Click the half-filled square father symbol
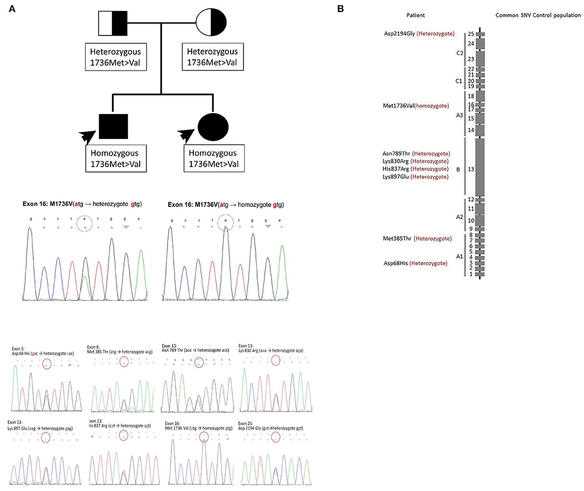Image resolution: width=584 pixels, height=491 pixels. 112,22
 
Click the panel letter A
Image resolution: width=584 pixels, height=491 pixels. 12,9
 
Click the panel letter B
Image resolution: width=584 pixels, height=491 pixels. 339,9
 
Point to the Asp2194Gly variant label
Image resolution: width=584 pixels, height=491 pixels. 416,33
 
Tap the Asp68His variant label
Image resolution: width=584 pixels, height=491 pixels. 414,263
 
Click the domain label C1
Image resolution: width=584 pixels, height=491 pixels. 458,81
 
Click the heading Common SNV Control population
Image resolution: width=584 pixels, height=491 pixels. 538,16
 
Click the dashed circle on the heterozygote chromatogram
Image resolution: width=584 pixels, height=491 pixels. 85,223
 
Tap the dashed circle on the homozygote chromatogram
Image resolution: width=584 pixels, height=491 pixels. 226,223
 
